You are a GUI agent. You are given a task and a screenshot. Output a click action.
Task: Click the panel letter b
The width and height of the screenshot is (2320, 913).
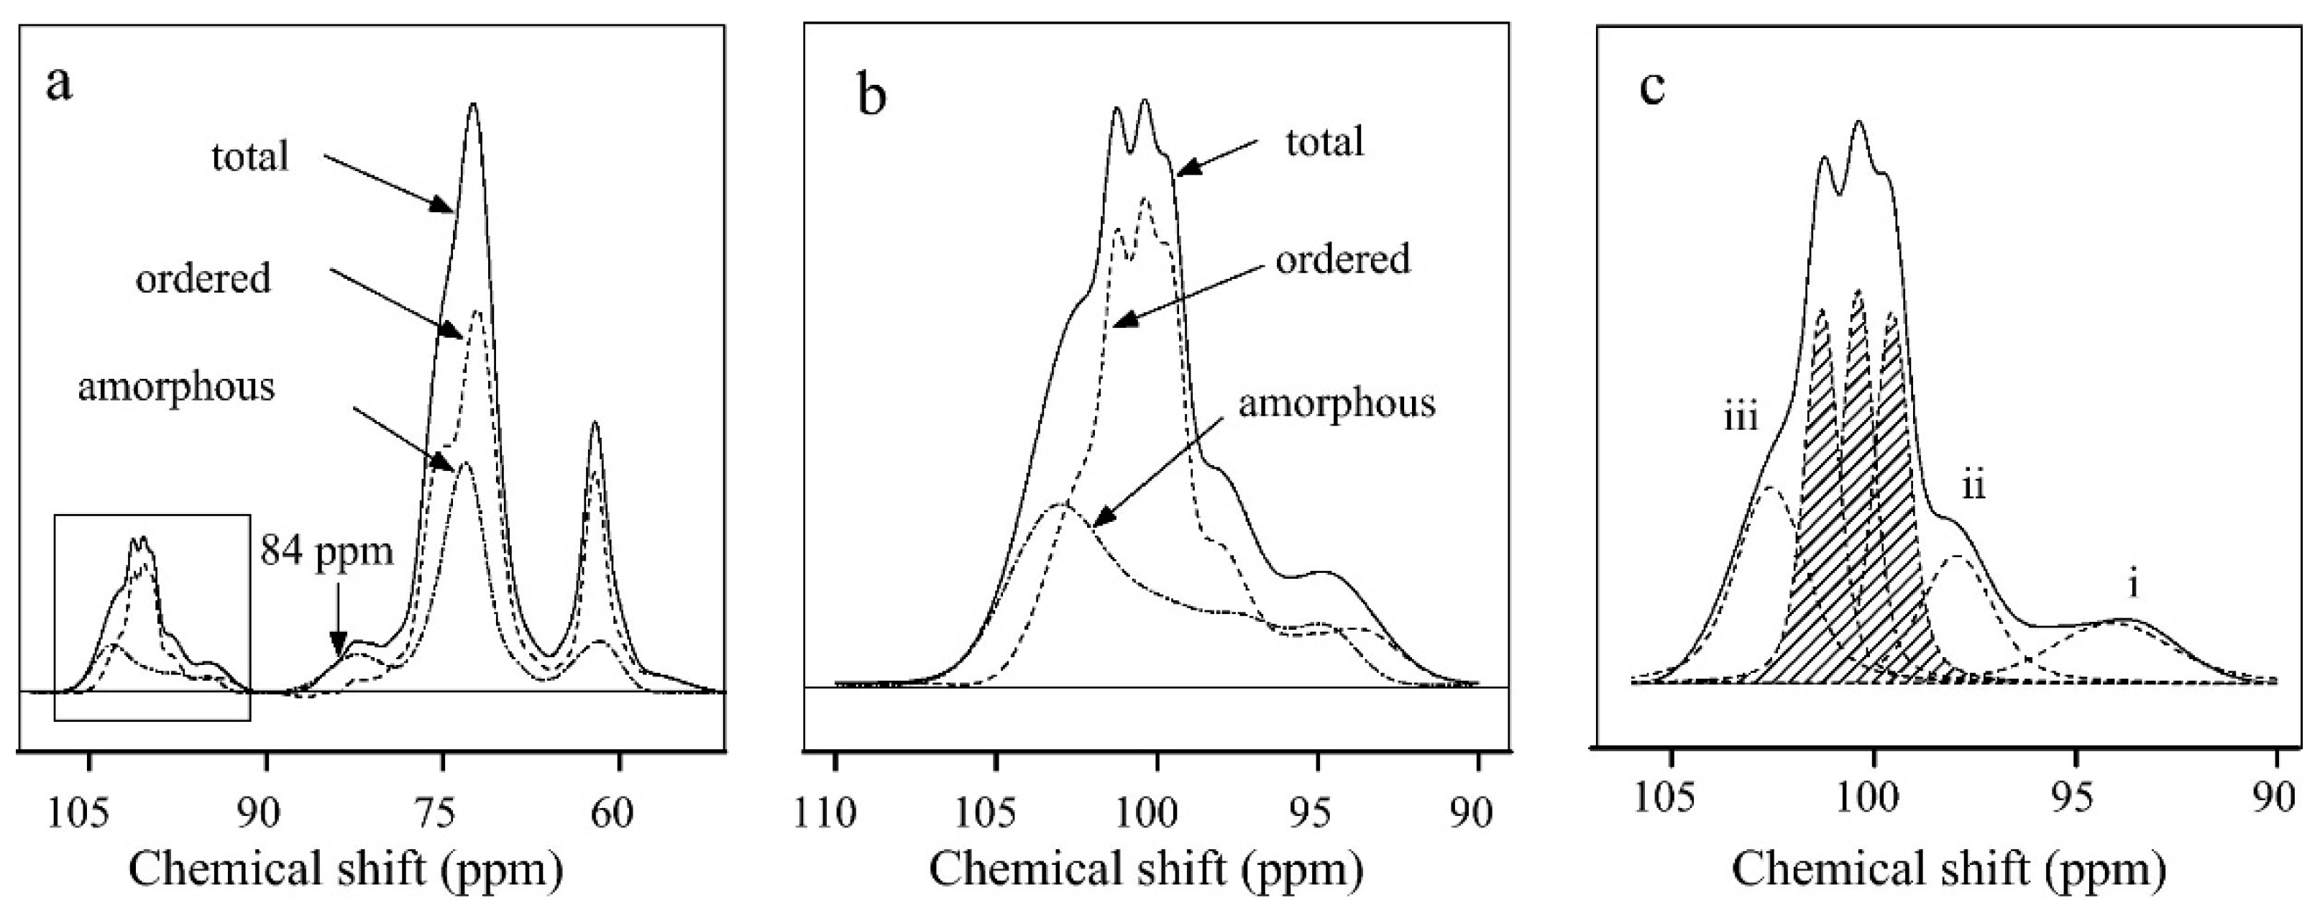coord(871,96)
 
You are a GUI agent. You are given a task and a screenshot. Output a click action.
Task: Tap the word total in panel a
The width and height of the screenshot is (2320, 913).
coord(249,157)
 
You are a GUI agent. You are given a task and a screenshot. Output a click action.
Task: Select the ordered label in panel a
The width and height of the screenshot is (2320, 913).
coord(203,278)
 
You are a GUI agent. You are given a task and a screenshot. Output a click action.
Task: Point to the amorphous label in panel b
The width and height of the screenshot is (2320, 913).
coord(1336,403)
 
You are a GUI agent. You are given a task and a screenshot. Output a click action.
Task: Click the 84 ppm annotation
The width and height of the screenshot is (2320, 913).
coord(327,549)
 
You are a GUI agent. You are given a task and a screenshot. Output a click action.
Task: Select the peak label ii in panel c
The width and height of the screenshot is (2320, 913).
coord(1974,488)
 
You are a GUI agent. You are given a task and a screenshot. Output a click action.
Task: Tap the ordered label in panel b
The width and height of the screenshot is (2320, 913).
coord(1343,260)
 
